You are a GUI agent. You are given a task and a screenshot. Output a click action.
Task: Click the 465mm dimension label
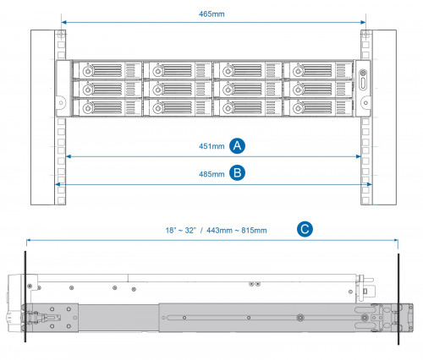click(x=211, y=15)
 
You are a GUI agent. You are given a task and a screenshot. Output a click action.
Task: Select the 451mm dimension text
click(x=211, y=146)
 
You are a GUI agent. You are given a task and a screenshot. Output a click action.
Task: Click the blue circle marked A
click(x=239, y=145)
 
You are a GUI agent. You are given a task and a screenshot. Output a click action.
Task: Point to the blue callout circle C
click(x=305, y=228)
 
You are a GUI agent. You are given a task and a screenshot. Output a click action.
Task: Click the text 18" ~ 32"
click(x=184, y=230)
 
